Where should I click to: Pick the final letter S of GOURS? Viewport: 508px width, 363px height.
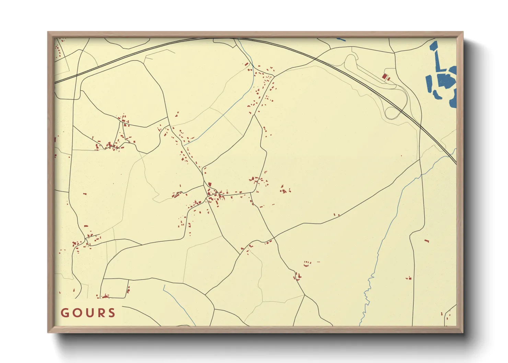111,313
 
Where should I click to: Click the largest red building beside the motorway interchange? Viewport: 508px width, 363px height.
384,76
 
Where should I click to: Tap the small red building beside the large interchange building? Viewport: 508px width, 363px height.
389,79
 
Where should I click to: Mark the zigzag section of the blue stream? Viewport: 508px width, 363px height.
367,295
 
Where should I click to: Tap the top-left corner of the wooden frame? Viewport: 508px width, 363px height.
48,32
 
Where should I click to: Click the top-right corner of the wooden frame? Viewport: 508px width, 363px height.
463,32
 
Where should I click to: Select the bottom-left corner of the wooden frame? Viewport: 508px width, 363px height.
48,332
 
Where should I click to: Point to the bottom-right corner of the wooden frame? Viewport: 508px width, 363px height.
463,332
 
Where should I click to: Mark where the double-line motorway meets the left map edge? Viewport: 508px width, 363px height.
55,83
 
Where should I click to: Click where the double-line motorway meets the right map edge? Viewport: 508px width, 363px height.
455,163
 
